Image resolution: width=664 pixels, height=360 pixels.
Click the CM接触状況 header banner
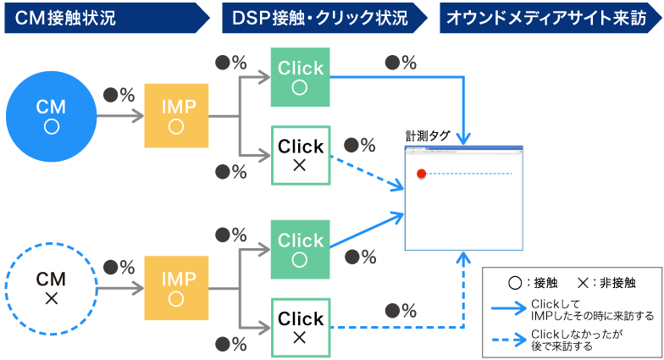click(x=102, y=17)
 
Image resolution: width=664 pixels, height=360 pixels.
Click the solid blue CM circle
click(x=51, y=116)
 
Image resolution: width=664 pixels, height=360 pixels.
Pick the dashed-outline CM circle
click(x=51, y=289)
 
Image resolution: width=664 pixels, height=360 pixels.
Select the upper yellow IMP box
click(x=176, y=116)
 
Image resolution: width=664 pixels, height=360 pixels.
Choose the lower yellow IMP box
click(x=176, y=289)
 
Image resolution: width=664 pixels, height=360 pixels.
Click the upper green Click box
click(x=299, y=77)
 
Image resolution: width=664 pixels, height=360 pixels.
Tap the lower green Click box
click(x=299, y=249)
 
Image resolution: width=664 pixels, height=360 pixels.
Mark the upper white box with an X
click(x=299, y=156)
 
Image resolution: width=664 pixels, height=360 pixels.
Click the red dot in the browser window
click(x=421, y=174)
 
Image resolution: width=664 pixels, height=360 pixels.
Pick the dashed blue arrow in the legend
click(x=509, y=341)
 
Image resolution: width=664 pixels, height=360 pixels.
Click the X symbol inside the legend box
click(x=583, y=283)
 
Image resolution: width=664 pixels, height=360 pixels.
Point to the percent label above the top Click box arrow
click(x=401, y=63)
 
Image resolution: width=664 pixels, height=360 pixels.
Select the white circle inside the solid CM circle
click(x=51, y=126)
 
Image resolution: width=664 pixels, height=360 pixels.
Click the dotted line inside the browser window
click(x=470, y=174)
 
